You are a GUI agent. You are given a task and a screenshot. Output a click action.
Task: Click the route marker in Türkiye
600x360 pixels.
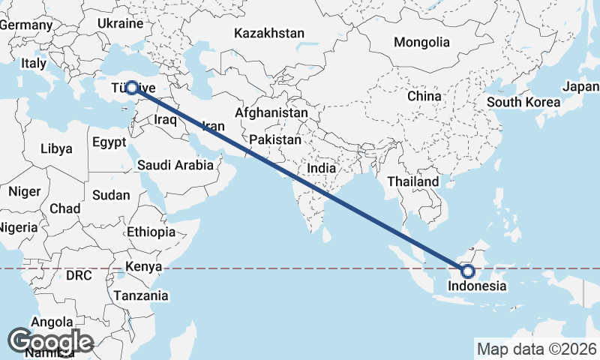pyautogui.click(x=131, y=87)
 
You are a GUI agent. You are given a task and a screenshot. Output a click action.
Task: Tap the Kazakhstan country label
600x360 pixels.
pyautogui.click(x=269, y=33)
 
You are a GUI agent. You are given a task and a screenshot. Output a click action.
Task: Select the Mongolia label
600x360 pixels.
pyautogui.click(x=421, y=42)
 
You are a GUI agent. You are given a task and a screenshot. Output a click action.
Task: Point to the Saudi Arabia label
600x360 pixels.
pyautogui.click(x=175, y=166)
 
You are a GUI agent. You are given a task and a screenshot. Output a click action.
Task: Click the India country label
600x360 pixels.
pyautogui.click(x=322, y=169)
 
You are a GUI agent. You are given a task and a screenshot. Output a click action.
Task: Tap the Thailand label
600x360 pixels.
pyautogui.click(x=413, y=181)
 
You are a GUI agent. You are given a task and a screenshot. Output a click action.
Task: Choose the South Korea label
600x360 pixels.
pyautogui.click(x=523, y=102)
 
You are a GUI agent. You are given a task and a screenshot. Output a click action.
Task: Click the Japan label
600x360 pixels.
pyautogui.click(x=580, y=86)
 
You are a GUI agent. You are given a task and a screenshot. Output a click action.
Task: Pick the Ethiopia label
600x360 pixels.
pyautogui.click(x=151, y=232)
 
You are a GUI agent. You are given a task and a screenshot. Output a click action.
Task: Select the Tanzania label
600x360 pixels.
pyautogui.click(x=141, y=295)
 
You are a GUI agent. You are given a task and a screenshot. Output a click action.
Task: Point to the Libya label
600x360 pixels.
pyautogui.click(x=57, y=148)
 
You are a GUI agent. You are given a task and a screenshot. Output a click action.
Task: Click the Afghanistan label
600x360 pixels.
pyautogui.click(x=271, y=112)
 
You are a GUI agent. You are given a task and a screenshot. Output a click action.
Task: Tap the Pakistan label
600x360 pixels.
pyautogui.click(x=275, y=139)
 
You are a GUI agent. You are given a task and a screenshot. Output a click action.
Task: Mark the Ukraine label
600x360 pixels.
pyautogui.click(x=118, y=23)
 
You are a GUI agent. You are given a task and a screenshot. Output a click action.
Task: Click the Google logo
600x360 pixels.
pyautogui.click(x=51, y=341)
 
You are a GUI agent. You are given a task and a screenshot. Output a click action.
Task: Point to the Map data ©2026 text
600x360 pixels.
pyautogui.click(x=537, y=349)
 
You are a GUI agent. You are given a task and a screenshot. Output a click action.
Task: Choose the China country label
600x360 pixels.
pyautogui.click(x=424, y=96)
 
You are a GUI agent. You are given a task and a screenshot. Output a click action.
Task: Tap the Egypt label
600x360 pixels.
pyautogui.click(x=109, y=142)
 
